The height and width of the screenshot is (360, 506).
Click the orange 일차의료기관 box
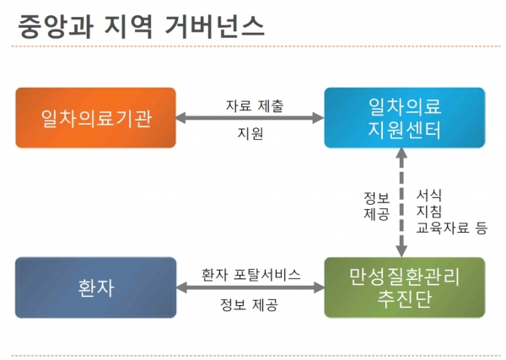[96, 118]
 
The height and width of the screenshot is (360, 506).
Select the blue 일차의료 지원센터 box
[406, 118]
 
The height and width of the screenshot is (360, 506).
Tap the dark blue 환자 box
[96, 288]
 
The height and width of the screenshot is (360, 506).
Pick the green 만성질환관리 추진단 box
[406, 288]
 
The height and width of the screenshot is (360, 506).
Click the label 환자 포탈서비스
[250, 275]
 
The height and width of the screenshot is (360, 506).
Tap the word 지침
[428, 211]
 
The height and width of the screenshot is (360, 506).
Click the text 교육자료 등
[451, 227]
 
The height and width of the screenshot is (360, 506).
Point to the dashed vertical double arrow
[401, 202]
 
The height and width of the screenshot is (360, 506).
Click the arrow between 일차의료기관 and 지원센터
[250, 119]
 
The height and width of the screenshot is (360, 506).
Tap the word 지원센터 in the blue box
[406, 131]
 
